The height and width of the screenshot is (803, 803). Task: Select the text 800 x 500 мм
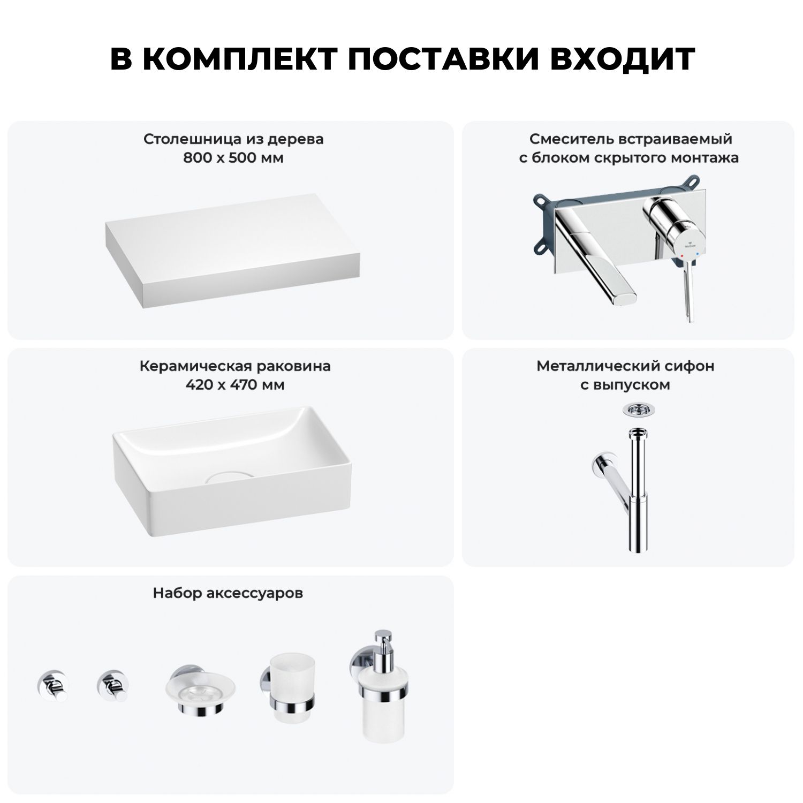pyautogui.click(x=233, y=158)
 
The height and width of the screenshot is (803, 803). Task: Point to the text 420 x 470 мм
pyautogui.click(x=235, y=385)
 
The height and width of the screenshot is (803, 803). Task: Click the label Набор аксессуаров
pyautogui.click(x=228, y=593)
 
